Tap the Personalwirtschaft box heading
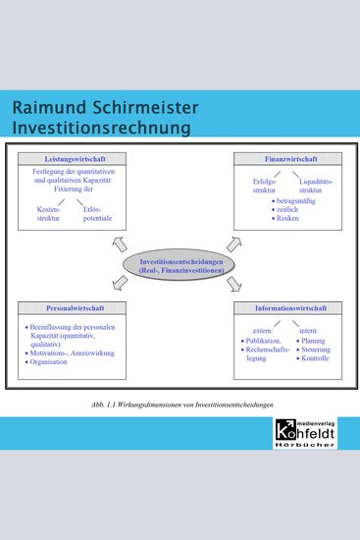(x=67, y=308)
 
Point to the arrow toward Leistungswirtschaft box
(x=120, y=243)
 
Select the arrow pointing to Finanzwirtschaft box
(x=234, y=243)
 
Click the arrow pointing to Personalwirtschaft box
(x=120, y=285)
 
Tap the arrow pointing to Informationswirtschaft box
(x=235, y=285)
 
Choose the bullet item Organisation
(x=53, y=361)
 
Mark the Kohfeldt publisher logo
(x=309, y=432)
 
